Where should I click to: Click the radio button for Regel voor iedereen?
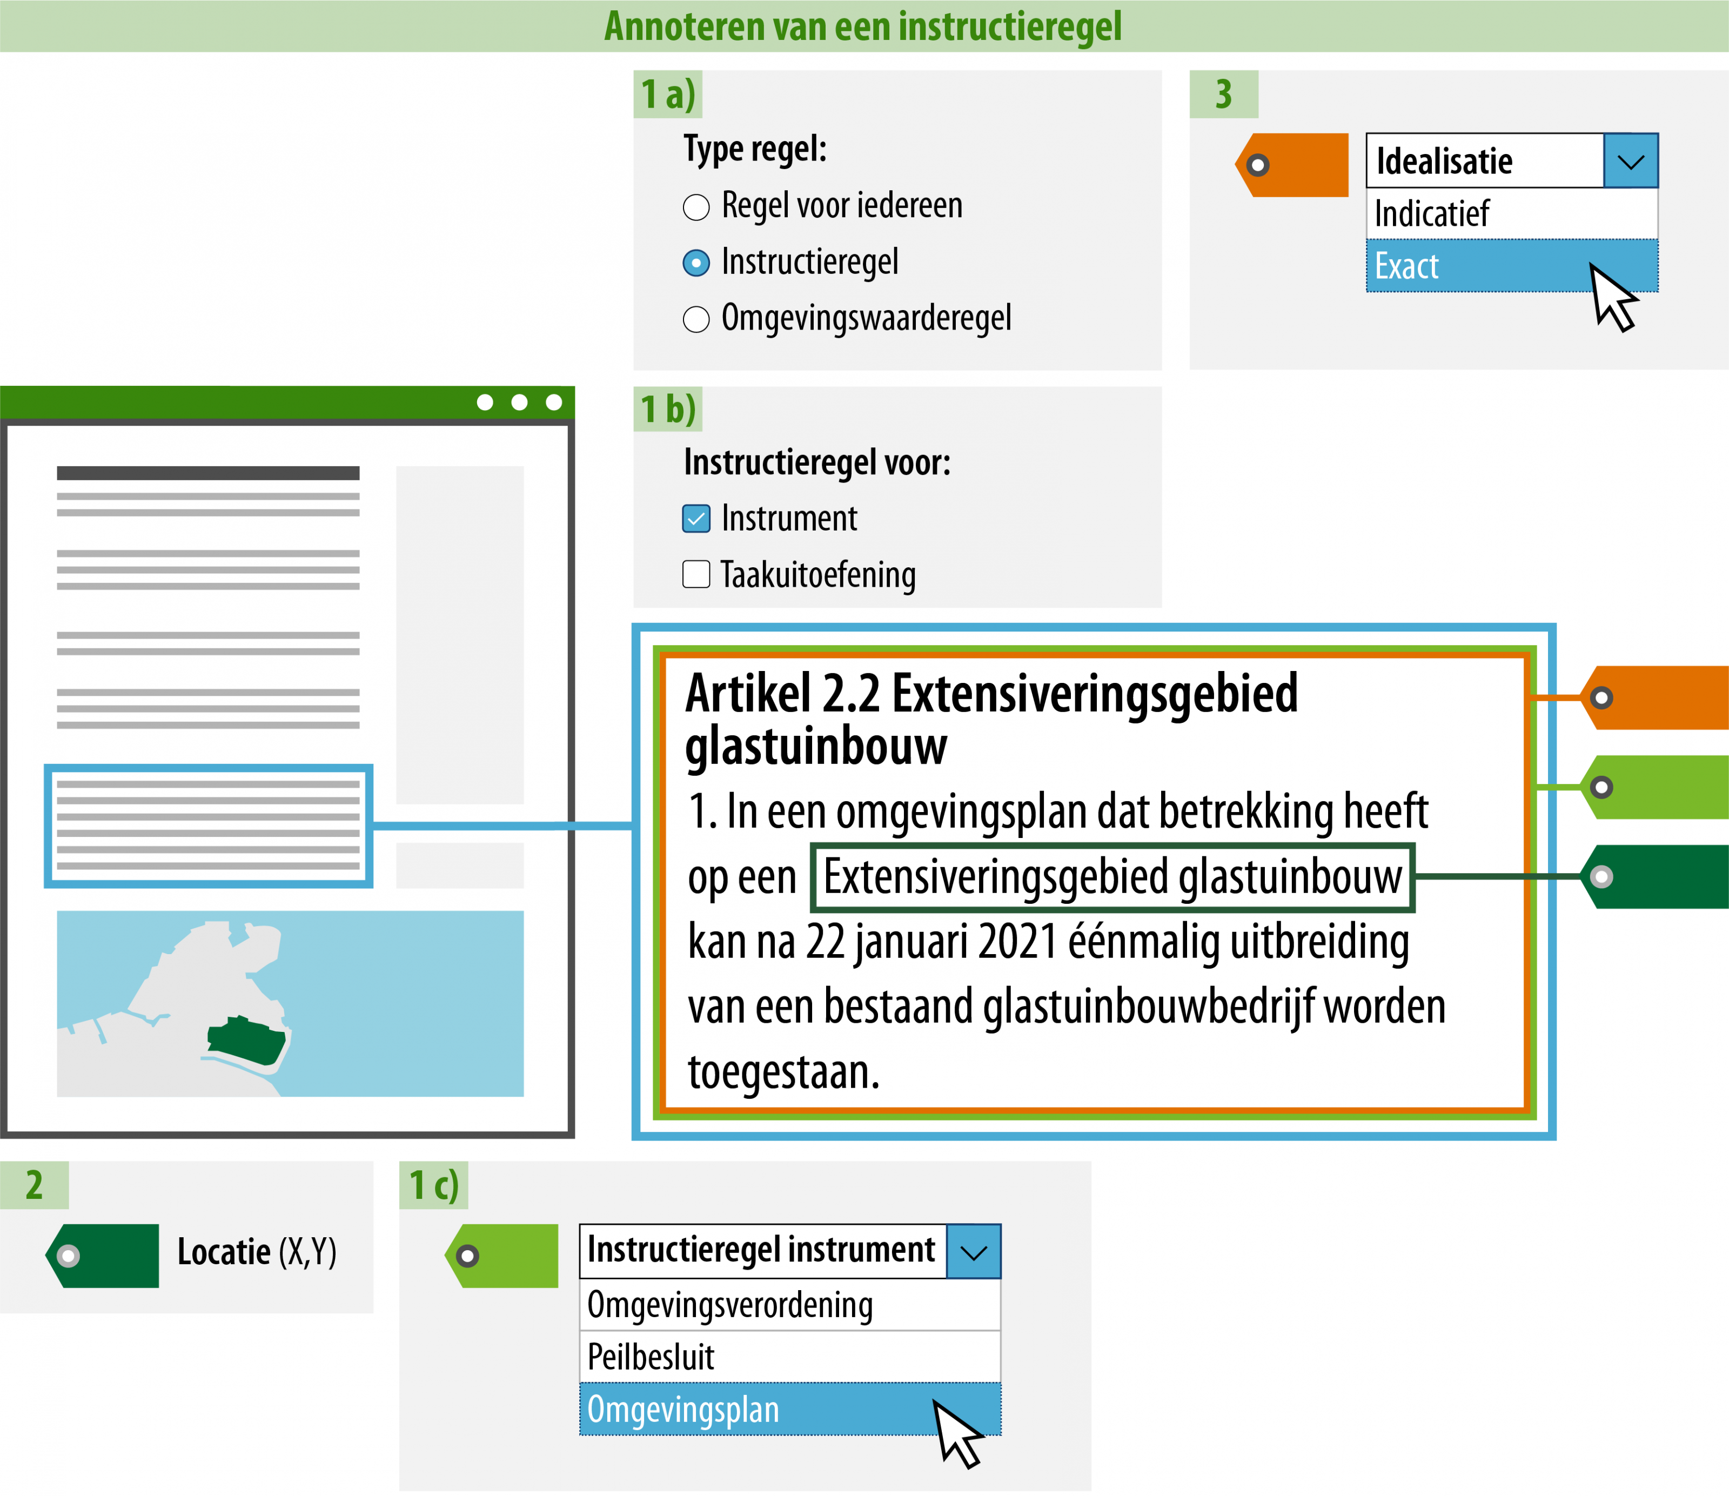tap(696, 207)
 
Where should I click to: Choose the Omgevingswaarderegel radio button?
tap(696, 319)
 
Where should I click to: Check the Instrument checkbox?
tap(696, 519)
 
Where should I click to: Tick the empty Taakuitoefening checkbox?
tap(696, 574)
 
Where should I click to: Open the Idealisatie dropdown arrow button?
tap(1631, 161)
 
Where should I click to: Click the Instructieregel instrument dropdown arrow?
tap(974, 1251)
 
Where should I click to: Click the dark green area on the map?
tap(246, 1041)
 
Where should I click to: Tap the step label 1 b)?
tap(668, 409)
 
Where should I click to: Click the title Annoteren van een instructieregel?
tap(863, 26)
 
